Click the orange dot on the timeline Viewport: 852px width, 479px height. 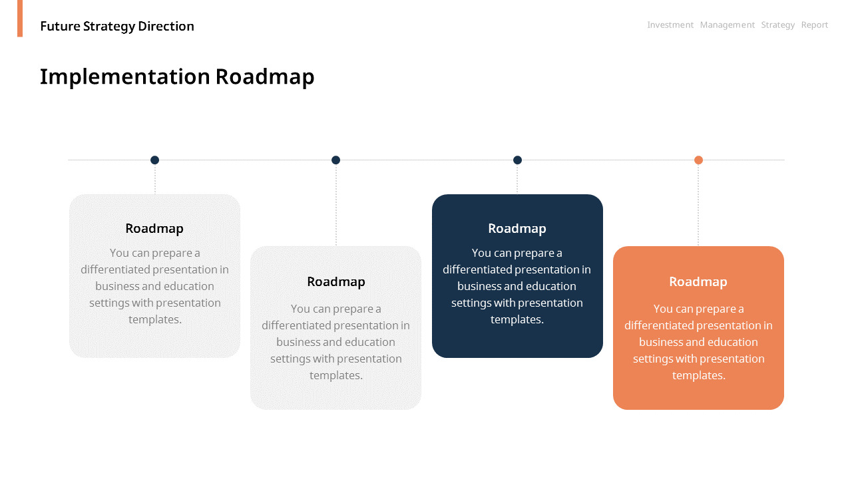(x=698, y=160)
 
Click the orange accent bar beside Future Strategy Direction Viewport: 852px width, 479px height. (x=20, y=18)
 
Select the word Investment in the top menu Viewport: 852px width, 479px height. (x=670, y=25)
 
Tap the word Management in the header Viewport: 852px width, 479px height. (x=727, y=25)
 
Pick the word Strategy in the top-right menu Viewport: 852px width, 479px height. (x=777, y=25)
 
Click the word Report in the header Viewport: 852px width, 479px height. (x=815, y=25)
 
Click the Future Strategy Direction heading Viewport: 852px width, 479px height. (x=117, y=27)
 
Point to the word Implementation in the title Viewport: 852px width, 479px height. (x=124, y=77)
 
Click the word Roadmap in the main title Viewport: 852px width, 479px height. (x=264, y=77)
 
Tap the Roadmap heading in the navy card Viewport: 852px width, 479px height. (x=517, y=228)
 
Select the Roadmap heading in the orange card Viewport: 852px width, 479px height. (x=698, y=281)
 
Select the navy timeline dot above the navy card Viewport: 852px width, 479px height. (x=517, y=160)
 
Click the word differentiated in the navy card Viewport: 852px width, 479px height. (x=480, y=269)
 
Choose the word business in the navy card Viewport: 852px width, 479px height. (x=479, y=286)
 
